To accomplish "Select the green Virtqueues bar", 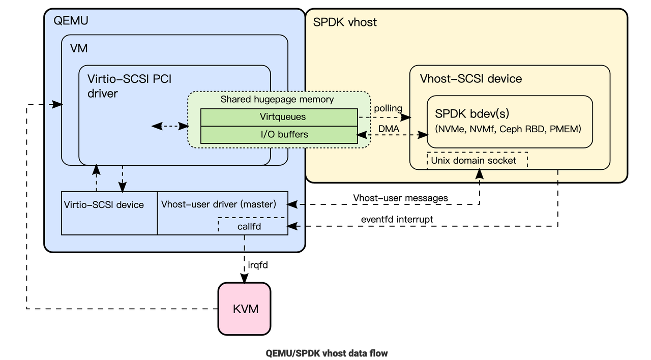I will pyautogui.click(x=279, y=117).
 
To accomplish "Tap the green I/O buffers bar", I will pyautogui.click(x=279, y=135).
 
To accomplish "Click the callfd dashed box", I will pyautogui.click(x=249, y=226).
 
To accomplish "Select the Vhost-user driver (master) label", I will pyautogui.click(x=219, y=204).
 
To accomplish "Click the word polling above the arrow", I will pyautogui.click(x=388, y=108).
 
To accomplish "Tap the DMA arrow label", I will pyautogui.click(x=388, y=129).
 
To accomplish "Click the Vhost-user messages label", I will pyautogui.click(x=400, y=198).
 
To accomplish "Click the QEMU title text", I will pyautogui.click(x=71, y=20).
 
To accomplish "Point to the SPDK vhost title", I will pyautogui.click(x=345, y=22).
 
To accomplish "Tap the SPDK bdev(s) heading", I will pyautogui.click(x=473, y=113).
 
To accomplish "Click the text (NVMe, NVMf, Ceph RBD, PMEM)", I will pyautogui.click(x=507, y=129).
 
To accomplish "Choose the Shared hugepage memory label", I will pyautogui.click(x=277, y=99).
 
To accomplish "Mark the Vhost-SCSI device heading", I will pyautogui.click(x=470, y=79).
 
